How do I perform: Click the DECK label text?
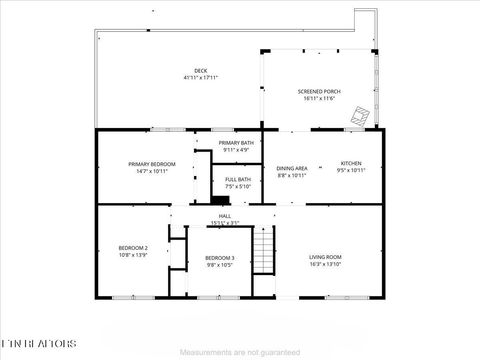(201, 71)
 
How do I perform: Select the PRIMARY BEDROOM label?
(152, 163)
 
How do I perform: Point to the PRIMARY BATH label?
(237, 143)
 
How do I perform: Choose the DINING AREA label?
(292, 168)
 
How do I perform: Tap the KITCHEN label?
(350, 163)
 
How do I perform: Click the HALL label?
(225, 215)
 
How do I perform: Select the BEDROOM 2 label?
(133, 248)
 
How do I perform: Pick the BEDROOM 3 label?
(220, 258)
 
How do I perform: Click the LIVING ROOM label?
(325, 257)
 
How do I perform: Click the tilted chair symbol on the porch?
(358, 118)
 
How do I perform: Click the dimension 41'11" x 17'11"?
(201, 78)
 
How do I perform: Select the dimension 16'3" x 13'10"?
(325, 265)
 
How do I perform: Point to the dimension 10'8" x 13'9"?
(133, 255)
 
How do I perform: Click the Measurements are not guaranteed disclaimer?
(239, 353)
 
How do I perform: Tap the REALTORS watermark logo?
(37, 343)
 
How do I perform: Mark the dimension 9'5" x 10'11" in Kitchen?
(350, 170)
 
